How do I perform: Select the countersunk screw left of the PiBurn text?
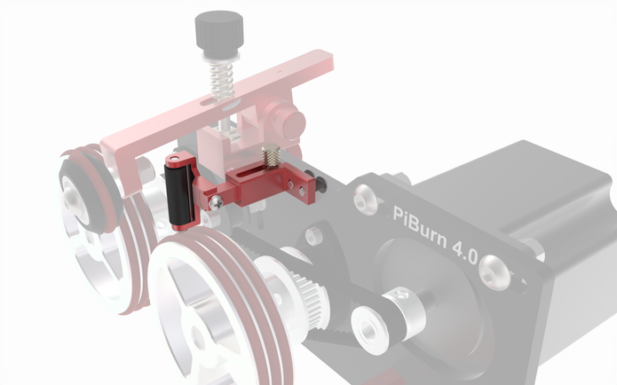[x=364, y=201]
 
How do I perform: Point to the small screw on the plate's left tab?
[x=312, y=236]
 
